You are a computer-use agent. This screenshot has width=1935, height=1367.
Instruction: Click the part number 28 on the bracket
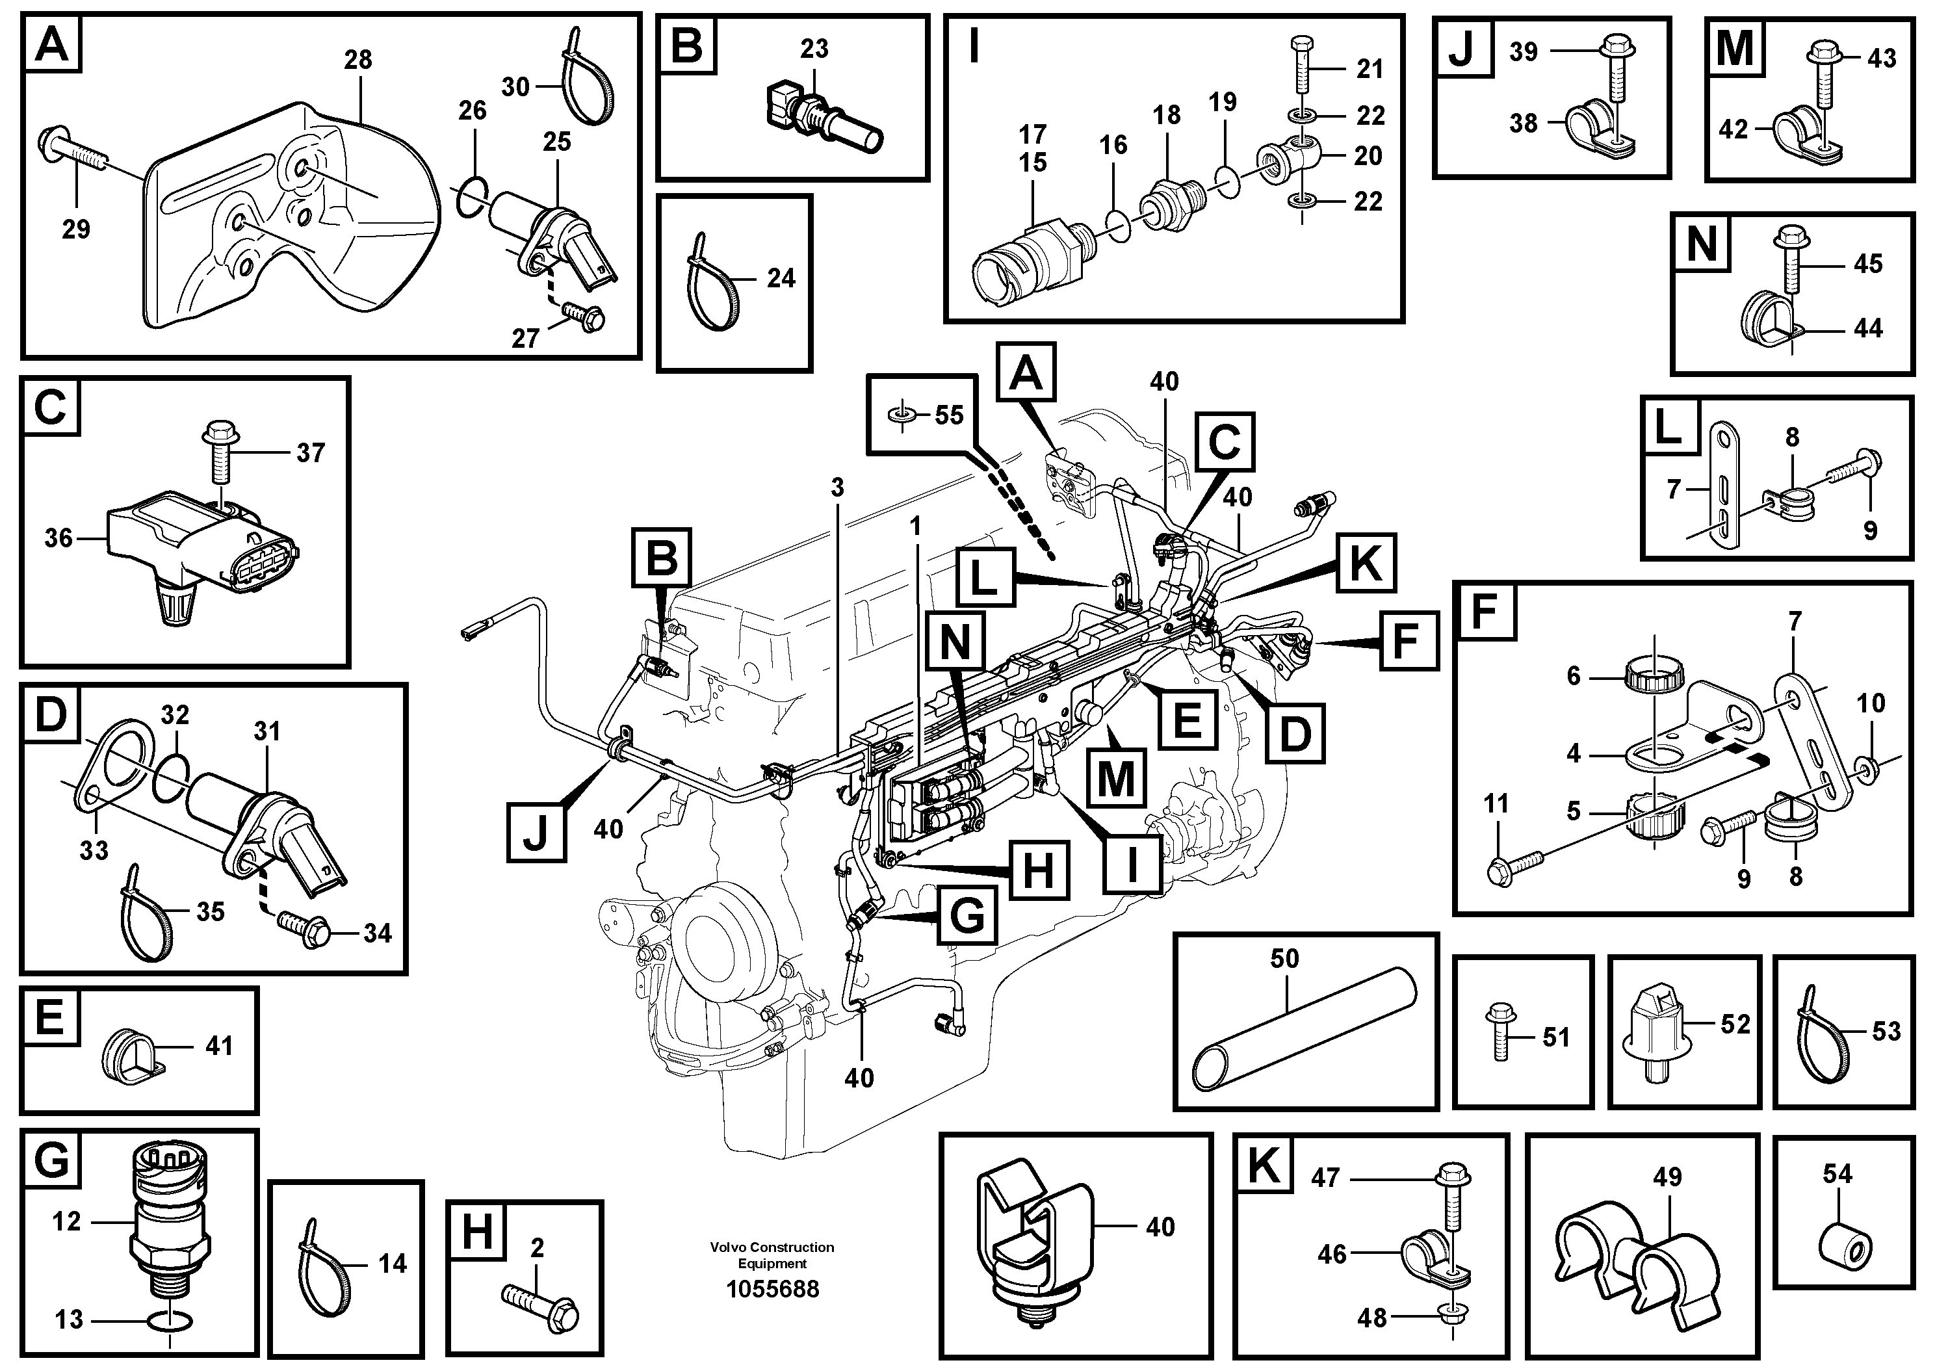point(358,60)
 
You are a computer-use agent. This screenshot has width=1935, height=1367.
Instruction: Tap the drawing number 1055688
point(772,1290)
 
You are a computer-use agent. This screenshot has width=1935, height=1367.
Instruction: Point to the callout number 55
point(949,415)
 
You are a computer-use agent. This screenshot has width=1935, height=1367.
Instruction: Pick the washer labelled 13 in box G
point(172,1320)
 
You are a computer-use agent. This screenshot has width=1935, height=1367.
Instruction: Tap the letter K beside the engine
point(1365,563)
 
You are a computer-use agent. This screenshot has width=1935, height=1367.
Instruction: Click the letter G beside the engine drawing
point(966,915)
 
